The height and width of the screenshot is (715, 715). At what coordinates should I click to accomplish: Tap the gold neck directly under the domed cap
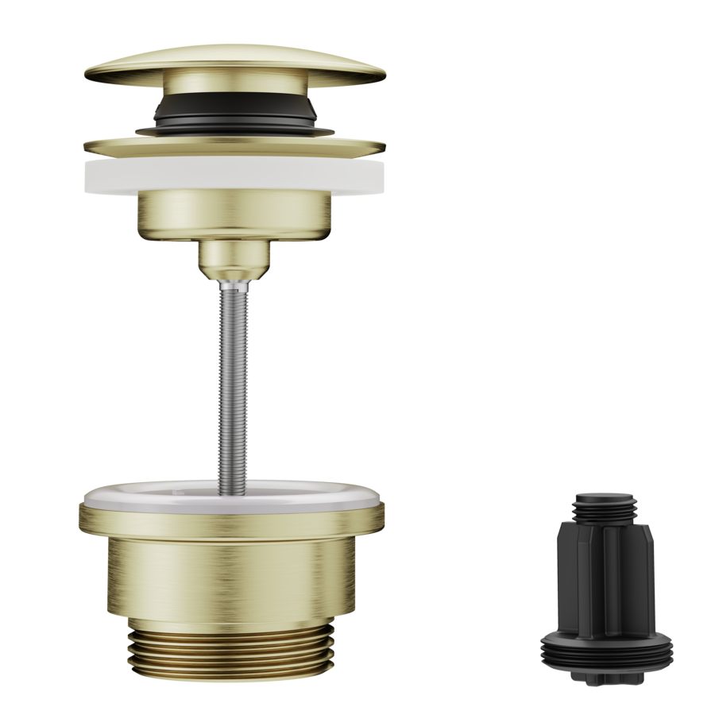(234, 87)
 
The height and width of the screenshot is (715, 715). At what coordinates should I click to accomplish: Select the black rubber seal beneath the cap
(234, 111)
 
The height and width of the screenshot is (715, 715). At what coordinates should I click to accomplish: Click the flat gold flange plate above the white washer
(234, 146)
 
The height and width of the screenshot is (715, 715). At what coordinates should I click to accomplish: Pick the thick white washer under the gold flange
(234, 177)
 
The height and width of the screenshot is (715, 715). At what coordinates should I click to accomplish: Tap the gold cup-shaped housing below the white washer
(234, 214)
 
